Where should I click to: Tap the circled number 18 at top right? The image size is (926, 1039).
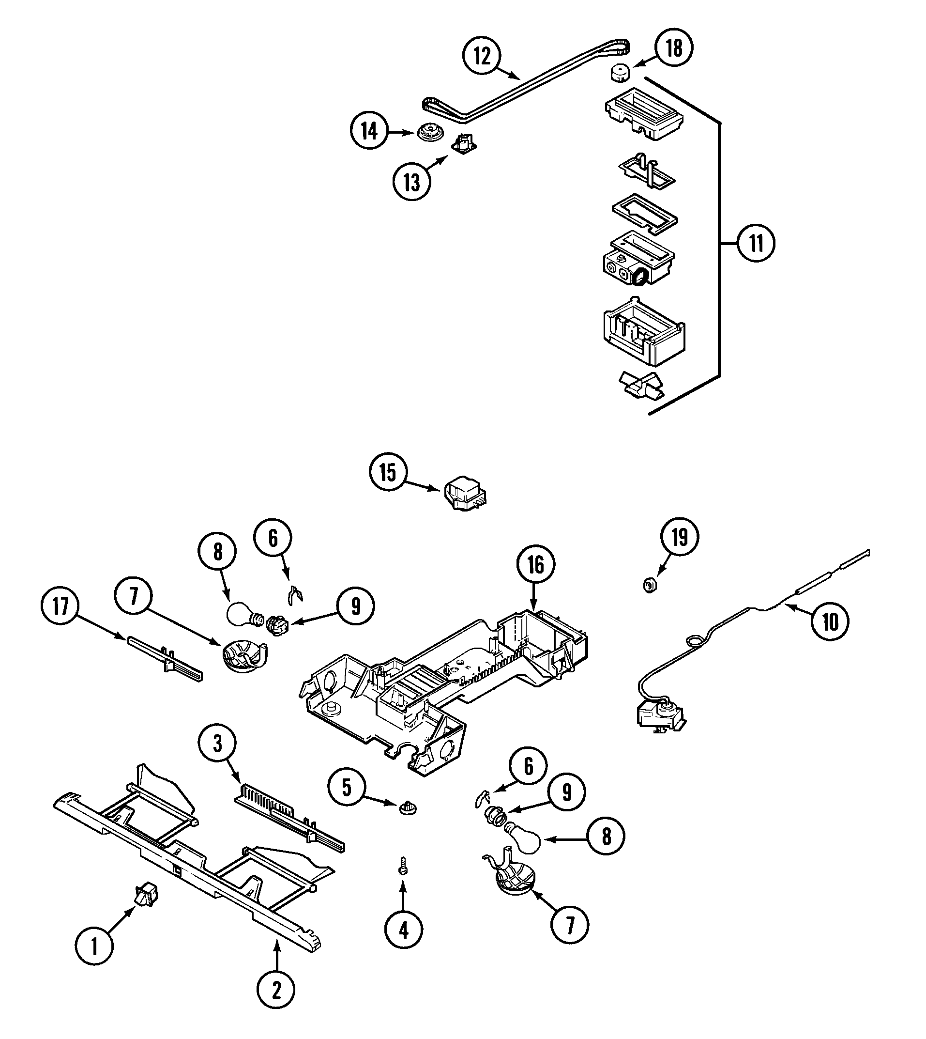pyautogui.click(x=674, y=48)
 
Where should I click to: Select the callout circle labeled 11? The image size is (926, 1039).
pyautogui.click(x=756, y=243)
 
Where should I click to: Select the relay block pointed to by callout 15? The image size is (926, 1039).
pyautogui.click(x=464, y=493)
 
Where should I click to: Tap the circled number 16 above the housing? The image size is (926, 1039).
pyautogui.click(x=535, y=565)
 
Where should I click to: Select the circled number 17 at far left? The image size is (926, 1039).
pyautogui.click(x=60, y=606)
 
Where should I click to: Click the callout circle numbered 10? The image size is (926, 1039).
pyautogui.click(x=830, y=621)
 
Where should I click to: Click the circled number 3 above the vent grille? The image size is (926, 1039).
pyautogui.click(x=217, y=744)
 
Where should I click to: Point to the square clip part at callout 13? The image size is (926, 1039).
pyautogui.click(x=465, y=143)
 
